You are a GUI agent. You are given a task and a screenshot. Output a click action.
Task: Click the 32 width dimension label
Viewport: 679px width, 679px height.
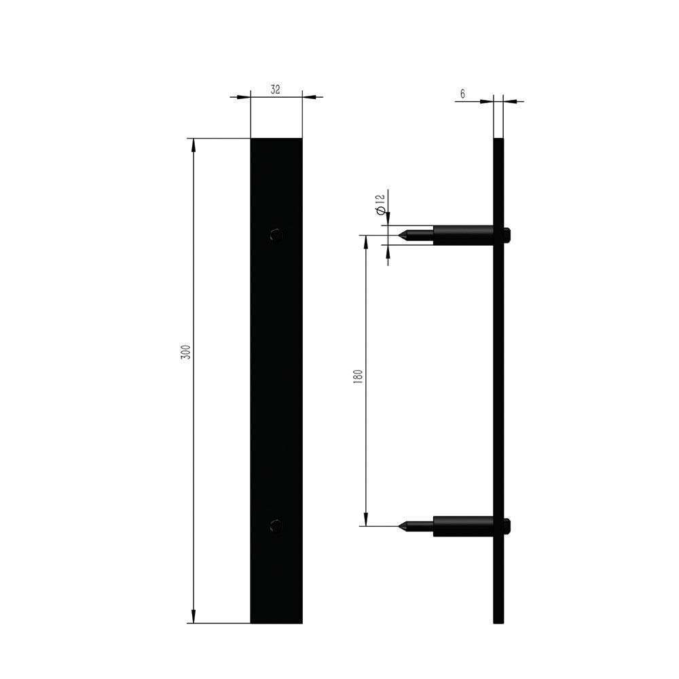coord(276,89)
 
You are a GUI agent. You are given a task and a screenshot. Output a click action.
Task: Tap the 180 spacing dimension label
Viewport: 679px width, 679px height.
coord(358,378)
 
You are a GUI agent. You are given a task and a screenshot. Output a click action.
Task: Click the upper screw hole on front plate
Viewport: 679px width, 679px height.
coord(276,235)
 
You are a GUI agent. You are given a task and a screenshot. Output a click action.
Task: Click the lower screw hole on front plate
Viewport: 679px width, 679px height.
coord(276,526)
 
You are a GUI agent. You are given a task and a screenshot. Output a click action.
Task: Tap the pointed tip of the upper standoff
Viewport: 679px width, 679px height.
coord(401,236)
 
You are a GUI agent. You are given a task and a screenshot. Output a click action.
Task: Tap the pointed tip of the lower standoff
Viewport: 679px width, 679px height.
coord(401,526)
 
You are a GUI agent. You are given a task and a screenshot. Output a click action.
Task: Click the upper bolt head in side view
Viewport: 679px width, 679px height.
coord(507,236)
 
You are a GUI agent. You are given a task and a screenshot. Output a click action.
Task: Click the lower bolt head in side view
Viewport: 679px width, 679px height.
coord(507,526)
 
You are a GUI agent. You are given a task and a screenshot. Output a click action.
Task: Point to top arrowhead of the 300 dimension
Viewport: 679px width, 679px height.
coord(194,144)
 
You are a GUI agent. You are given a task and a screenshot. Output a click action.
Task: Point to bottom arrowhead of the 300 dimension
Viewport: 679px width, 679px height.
coord(194,617)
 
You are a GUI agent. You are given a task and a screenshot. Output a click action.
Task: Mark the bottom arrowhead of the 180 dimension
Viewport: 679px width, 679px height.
coord(367,520)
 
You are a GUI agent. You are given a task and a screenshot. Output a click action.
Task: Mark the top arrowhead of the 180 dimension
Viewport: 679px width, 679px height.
coord(367,242)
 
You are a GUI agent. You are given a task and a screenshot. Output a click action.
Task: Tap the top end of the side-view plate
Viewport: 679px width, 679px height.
coord(498,141)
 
